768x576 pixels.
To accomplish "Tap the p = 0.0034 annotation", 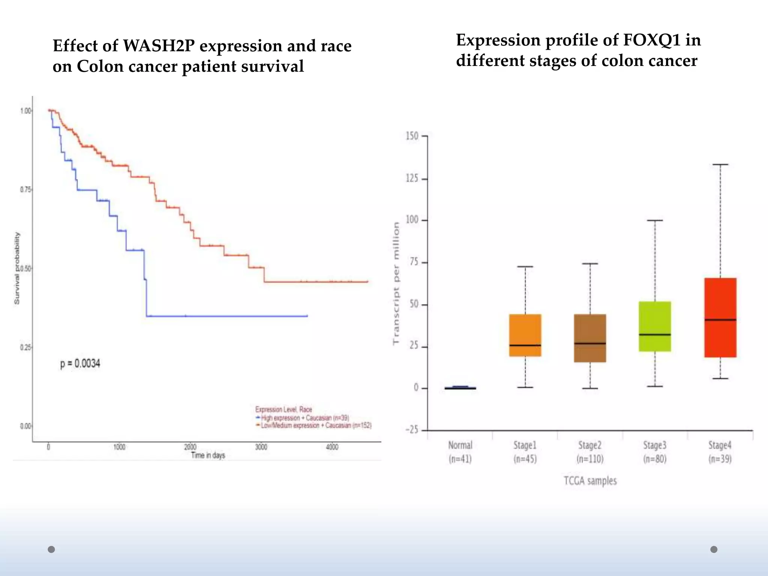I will pyautogui.click(x=80, y=363).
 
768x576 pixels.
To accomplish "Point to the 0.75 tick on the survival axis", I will pyautogui.click(x=25, y=190).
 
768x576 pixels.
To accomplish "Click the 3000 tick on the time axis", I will pyautogui.click(x=261, y=447).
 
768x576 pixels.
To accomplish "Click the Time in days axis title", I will pyautogui.click(x=208, y=455).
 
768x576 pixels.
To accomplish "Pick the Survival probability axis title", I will pyautogui.click(x=17, y=268).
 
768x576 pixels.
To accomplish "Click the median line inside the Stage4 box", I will pyautogui.click(x=720, y=320).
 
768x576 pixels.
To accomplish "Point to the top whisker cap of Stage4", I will pyautogui.click(x=720, y=164).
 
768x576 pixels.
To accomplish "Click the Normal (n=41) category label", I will pyautogui.click(x=460, y=452).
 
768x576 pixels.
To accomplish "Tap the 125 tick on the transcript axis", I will pyautogui.click(x=412, y=178).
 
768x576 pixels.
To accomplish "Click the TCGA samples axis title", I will pyautogui.click(x=590, y=481).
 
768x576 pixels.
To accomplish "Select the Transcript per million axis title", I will pyautogui.click(x=396, y=283).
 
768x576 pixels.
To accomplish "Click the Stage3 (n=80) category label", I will pyautogui.click(x=655, y=452).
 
